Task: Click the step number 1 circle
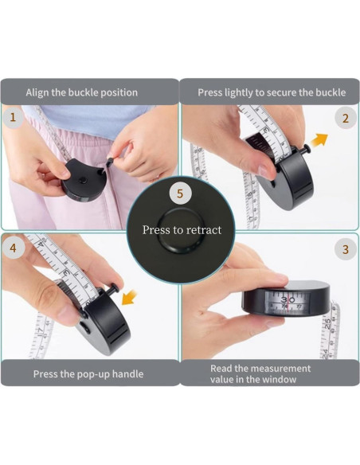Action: [x=13, y=118]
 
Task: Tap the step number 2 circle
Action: [x=346, y=119]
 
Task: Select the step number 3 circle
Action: [x=346, y=249]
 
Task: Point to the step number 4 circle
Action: [x=13, y=248]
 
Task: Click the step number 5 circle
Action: [x=180, y=193]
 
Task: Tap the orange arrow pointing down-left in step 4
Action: [x=130, y=298]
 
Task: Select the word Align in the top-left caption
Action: [x=37, y=92]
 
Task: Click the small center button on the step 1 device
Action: [x=84, y=180]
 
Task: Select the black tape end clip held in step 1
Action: [x=109, y=162]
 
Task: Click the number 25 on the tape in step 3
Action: [x=327, y=324]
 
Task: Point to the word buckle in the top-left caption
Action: [x=83, y=92]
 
